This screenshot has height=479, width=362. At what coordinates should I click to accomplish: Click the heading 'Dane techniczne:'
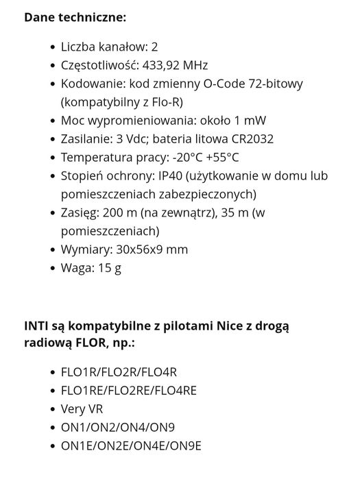pyautogui.click(x=75, y=16)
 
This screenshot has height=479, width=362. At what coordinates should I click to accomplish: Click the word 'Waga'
pyautogui.click(x=75, y=268)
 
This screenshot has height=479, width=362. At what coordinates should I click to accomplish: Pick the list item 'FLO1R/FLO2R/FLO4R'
pyautogui.click(x=119, y=372)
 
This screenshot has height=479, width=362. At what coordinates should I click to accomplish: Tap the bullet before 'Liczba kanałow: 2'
pyautogui.click(x=52, y=47)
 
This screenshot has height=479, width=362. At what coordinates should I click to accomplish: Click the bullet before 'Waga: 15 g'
pyautogui.click(x=52, y=269)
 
